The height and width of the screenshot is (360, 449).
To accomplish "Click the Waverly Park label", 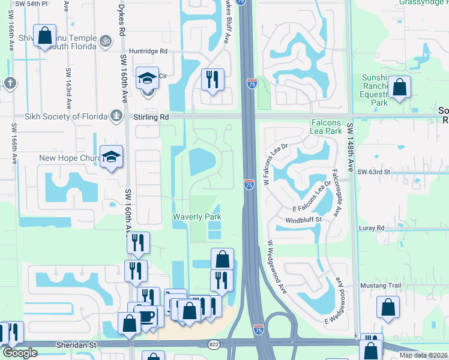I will point(197,217).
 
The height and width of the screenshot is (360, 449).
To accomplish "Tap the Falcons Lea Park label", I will point(326,127).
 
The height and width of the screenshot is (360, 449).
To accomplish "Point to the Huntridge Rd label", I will point(148,52).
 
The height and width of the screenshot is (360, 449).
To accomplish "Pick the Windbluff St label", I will point(308,220).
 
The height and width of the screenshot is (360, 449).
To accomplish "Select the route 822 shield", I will point(214,344).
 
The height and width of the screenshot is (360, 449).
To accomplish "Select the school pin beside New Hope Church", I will point(111,157).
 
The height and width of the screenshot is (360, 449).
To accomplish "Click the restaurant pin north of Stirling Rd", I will point(212,80).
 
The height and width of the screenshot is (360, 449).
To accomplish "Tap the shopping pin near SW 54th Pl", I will point(44,36).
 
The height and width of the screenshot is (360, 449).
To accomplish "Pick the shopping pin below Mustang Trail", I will point(388,308).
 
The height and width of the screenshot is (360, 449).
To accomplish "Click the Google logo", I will point(20,353).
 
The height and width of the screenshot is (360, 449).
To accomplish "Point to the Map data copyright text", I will point(423,355).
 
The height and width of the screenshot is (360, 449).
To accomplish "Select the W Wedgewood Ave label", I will point(277,268).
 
